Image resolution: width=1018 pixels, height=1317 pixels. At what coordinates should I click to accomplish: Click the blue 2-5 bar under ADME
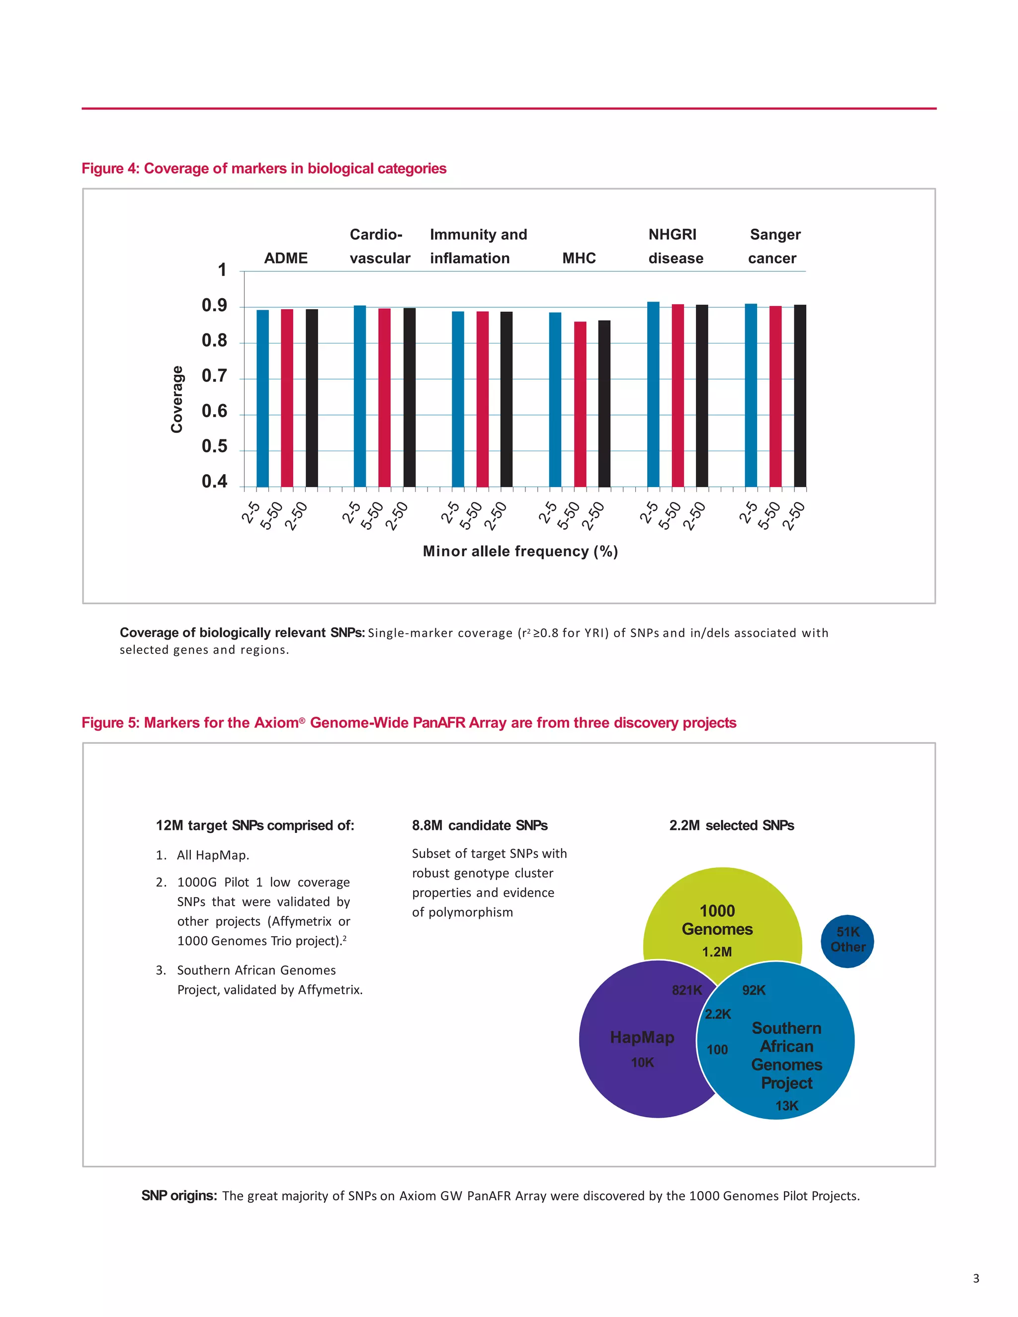tap(262, 398)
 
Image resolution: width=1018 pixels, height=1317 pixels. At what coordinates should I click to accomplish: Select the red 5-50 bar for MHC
tap(580, 404)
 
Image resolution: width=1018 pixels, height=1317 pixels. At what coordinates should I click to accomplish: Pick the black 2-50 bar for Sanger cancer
tap(800, 396)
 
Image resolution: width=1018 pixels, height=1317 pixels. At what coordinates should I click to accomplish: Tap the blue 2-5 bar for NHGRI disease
tap(653, 395)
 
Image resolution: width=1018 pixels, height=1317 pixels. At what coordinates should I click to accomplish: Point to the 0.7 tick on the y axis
tap(214, 376)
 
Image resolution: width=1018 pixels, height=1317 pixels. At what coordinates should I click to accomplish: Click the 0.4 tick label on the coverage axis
tap(214, 482)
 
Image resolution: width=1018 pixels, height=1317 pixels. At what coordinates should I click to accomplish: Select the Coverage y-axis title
tap(176, 399)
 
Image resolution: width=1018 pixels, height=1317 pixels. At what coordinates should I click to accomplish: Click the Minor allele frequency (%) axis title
tap(520, 551)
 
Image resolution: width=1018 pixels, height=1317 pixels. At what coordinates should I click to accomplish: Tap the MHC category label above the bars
tap(579, 258)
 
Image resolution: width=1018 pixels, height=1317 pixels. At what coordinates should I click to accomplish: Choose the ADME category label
tap(286, 258)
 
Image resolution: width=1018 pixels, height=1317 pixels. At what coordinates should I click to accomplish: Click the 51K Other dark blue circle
tap(848, 941)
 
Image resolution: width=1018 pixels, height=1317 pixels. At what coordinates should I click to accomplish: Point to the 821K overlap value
tap(687, 990)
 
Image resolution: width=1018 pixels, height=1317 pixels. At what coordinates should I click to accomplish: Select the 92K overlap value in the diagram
tap(754, 990)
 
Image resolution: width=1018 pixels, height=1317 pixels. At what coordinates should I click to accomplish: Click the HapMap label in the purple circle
tap(642, 1037)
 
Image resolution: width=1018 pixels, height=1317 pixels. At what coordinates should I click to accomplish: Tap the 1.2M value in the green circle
tap(717, 952)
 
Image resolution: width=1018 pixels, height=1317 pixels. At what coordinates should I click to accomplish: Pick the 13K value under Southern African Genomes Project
tap(786, 1106)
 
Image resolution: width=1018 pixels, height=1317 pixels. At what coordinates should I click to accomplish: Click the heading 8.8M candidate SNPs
tap(480, 825)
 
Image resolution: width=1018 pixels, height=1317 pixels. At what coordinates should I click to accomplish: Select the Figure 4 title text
tap(264, 168)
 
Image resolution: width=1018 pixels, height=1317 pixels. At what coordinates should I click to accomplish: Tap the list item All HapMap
tap(213, 855)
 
